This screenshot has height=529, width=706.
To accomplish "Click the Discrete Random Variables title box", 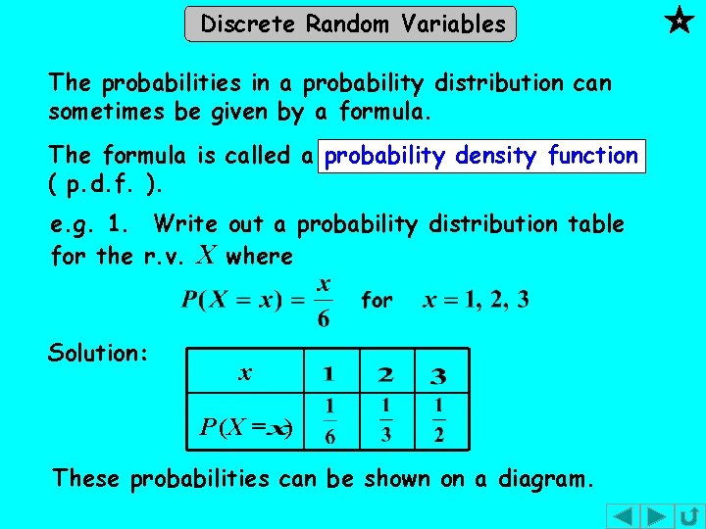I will tap(350, 24).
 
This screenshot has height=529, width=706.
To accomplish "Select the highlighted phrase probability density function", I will tap(481, 156).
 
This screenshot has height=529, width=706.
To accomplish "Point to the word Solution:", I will tap(97, 353).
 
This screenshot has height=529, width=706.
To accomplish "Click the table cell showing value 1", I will tap(328, 374).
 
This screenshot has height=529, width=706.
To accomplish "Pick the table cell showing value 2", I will tap(385, 374).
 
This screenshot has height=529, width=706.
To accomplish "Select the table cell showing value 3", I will tap(439, 374).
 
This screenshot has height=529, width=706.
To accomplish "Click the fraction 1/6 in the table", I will tap(328, 420).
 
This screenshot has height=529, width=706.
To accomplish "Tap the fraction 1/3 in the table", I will tap(385, 420).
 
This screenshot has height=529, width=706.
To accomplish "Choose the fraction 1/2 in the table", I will tap(439, 420).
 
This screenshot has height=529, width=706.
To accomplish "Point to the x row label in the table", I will tap(245, 373).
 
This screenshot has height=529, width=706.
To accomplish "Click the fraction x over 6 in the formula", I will tap(324, 303).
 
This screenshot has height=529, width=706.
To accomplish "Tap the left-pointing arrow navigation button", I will tap(623, 515).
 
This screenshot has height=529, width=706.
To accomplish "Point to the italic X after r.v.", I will tap(205, 256).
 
